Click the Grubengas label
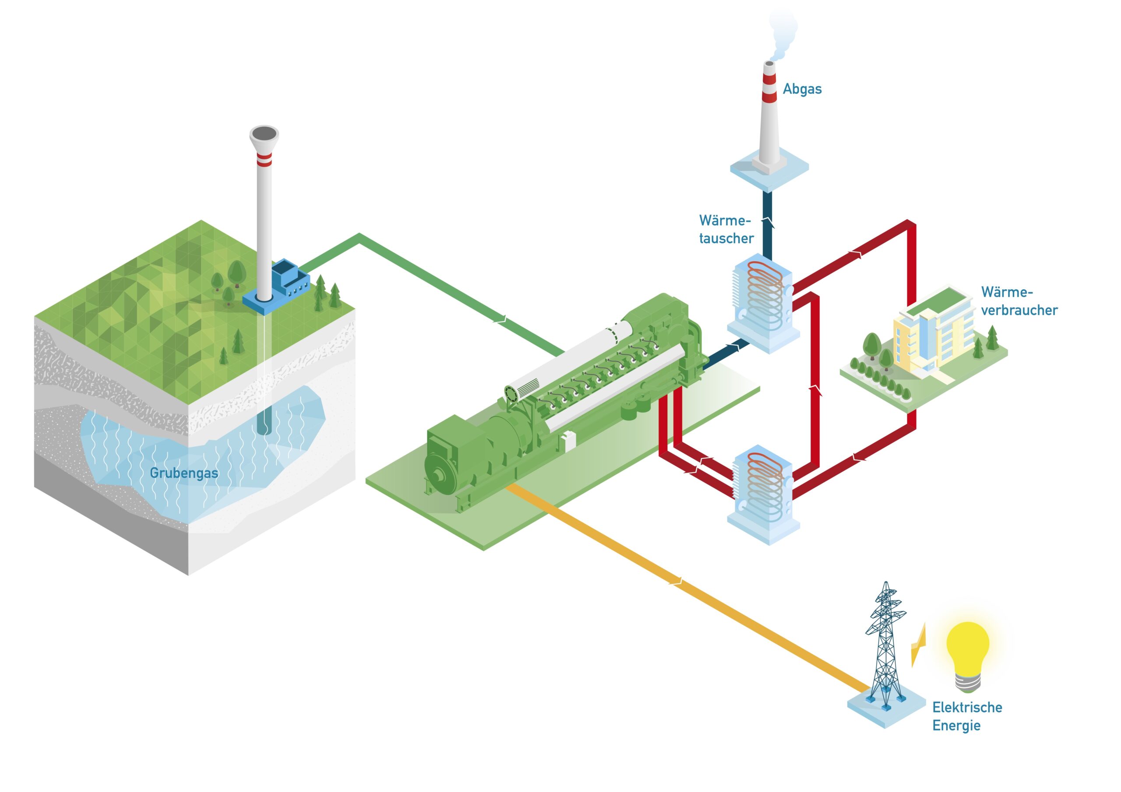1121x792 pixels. (183, 473)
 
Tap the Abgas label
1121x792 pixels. (802, 89)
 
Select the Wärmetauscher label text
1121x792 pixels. (726, 229)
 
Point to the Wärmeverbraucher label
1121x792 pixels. (1019, 301)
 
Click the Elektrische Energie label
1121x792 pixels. (966, 716)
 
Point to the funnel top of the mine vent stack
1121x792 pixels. (264, 134)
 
